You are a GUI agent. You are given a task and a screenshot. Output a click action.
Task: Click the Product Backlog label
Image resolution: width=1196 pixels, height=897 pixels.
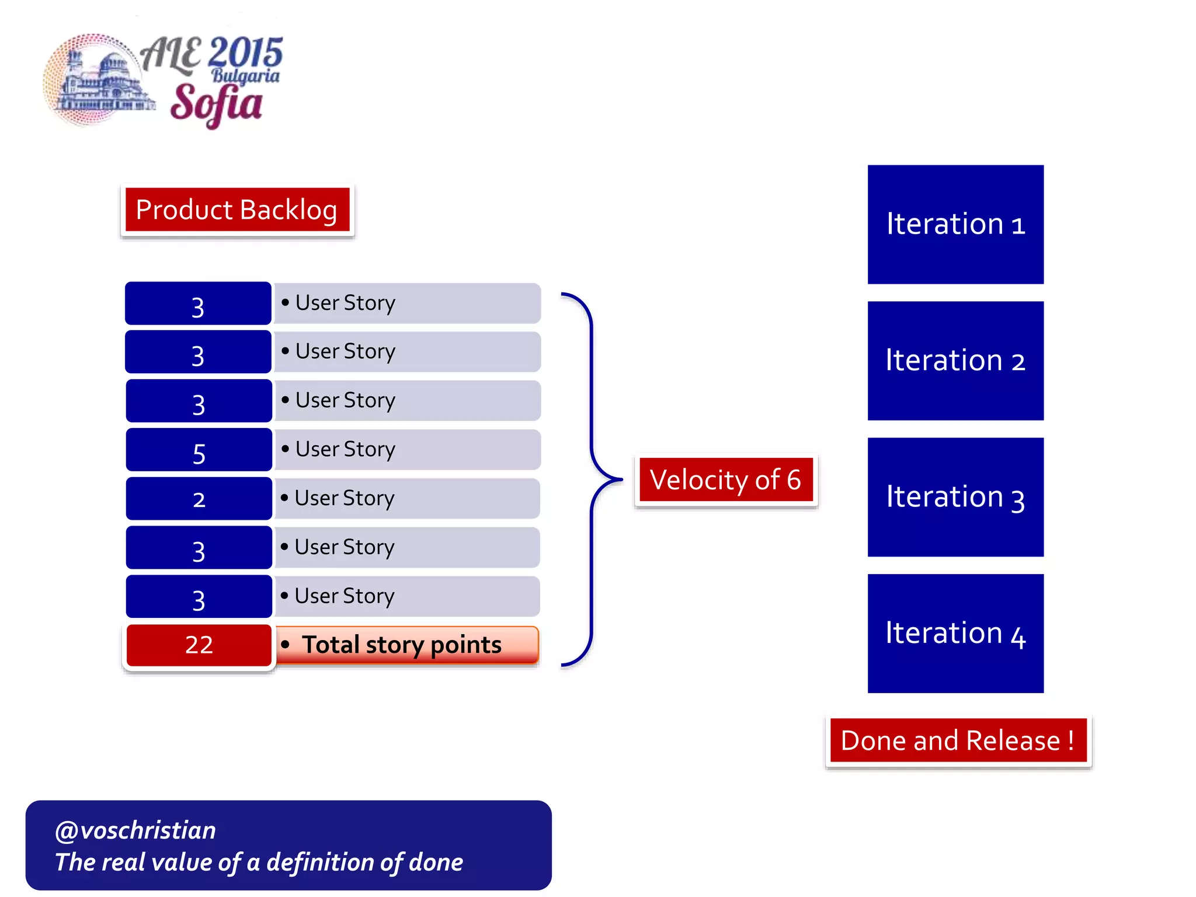[x=237, y=210]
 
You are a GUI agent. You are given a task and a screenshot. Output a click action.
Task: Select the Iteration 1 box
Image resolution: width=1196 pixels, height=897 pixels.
[x=955, y=225]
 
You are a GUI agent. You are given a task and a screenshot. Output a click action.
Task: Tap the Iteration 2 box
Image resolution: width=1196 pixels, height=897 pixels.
[x=955, y=361]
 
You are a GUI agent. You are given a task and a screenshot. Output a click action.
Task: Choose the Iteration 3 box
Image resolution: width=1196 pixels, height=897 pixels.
[x=955, y=497]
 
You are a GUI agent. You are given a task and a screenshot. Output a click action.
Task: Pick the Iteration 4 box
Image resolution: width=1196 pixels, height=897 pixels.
[x=955, y=634]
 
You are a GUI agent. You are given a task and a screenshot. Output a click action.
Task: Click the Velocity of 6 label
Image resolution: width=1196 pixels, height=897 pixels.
[x=726, y=480]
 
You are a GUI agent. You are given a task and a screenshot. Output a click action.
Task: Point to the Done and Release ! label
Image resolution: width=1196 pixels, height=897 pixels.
[x=958, y=740]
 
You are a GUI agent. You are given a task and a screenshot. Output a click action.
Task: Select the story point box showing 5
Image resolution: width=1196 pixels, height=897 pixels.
[x=199, y=450]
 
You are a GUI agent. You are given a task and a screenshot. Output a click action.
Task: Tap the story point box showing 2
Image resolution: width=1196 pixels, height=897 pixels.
[x=199, y=499]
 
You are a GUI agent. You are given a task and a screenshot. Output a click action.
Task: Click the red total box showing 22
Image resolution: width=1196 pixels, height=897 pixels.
[x=199, y=645]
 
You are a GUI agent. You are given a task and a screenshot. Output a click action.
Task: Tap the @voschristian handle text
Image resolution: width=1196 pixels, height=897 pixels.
[x=135, y=830]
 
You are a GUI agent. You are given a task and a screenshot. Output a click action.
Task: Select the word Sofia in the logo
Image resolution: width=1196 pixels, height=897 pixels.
[x=216, y=104]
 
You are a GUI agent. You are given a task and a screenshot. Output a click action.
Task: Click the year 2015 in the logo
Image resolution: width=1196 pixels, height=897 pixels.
[x=245, y=53]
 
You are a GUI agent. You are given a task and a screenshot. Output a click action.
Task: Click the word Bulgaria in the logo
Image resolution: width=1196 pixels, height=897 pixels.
[x=245, y=76]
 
